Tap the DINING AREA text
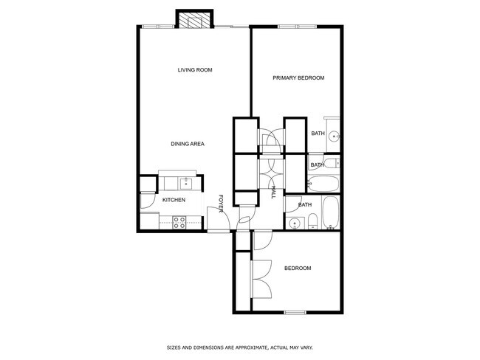tap(188, 144)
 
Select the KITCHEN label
tap(174, 200)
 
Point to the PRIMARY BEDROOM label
tap(298, 77)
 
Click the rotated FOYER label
tap(220, 204)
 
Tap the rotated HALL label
tap(273, 193)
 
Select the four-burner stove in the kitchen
tap(179, 222)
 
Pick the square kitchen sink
tap(186, 184)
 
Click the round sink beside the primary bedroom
tap(334, 136)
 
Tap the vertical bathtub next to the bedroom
tap(331, 213)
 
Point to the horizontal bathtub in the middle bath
tap(323, 183)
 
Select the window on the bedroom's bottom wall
tap(295, 312)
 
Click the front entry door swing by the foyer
tap(219, 219)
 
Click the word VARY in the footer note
tap(306, 347)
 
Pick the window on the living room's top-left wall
tap(158, 27)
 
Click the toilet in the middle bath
tap(331, 163)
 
